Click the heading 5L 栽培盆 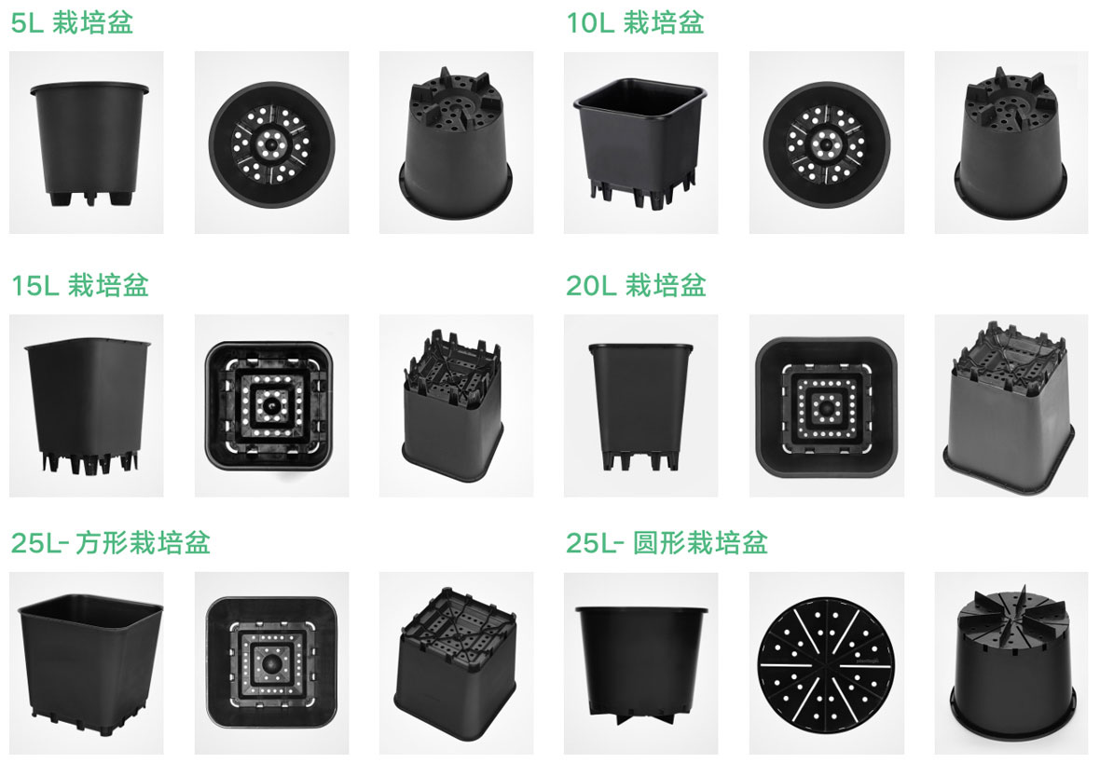pos(72,22)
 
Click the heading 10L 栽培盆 pos(635,22)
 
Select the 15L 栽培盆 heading pos(80,285)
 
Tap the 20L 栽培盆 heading pos(636,285)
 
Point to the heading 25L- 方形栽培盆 pos(110,543)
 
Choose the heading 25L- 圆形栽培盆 pos(667,543)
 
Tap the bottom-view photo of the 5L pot pos(271,145)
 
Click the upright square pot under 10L pos(639,143)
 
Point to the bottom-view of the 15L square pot pos(268,405)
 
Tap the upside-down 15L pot pos(453,405)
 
